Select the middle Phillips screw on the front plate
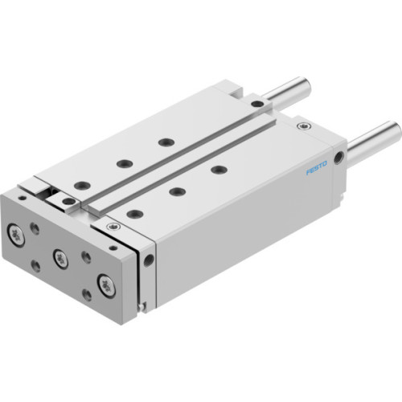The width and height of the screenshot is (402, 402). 59,257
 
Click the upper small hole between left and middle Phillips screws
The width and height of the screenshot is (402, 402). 35,228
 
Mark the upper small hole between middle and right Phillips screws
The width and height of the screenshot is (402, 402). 86,256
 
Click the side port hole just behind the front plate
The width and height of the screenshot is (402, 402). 149,260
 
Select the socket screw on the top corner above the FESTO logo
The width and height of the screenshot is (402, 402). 302,126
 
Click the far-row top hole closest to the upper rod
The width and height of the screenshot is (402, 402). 166,142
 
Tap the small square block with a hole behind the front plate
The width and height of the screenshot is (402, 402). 68,199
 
